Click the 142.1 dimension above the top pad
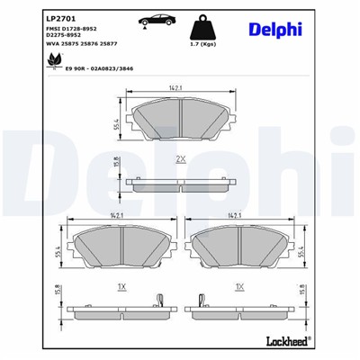180,88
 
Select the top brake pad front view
180,115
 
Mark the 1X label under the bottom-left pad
120,286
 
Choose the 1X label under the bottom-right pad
239,286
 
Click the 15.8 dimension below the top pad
117,163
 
